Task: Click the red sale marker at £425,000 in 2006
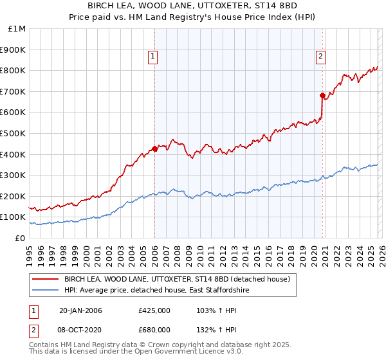(154, 148)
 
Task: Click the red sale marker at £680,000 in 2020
(322, 95)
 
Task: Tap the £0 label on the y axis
(20, 238)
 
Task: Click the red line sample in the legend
(46, 279)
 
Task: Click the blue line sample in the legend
(46, 291)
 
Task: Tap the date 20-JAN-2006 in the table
(80, 310)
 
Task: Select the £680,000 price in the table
(154, 328)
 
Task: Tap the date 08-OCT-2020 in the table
(80, 328)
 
